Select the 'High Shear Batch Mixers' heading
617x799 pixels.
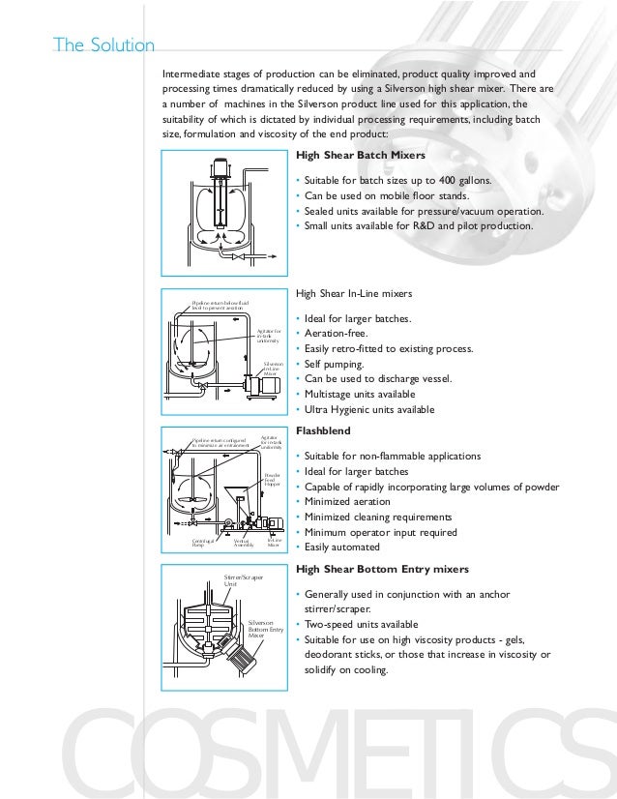click(361, 155)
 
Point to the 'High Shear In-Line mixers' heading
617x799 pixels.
click(354, 293)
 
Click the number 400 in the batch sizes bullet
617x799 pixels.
click(451, 180)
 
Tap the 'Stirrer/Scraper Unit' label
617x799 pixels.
click(237, 580)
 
